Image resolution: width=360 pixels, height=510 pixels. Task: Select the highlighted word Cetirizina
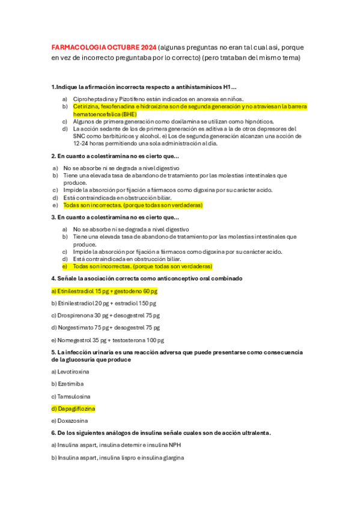coord(86,106)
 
